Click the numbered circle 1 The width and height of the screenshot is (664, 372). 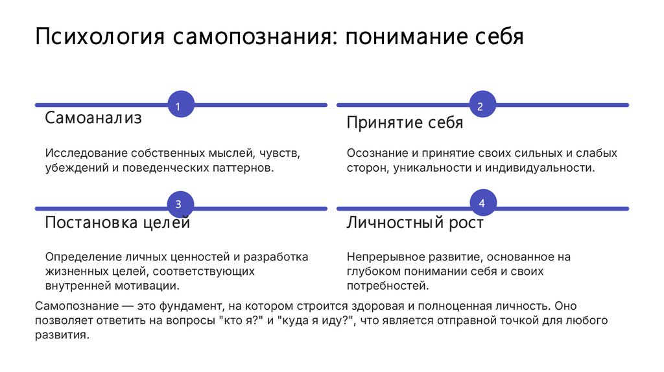(x=180, y=104)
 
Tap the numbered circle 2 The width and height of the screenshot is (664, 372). (x=482, y=104)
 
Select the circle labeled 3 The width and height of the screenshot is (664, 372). (x=180, y=204)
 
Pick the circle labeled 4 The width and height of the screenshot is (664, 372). (x=482, y=204)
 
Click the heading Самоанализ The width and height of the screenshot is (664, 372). (x=93, y=119)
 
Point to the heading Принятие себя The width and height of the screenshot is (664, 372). (x=405, y=123)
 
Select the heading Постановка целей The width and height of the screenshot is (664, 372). (x=117, y=223)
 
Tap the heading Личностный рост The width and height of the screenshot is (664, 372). (x=415, y=223)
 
